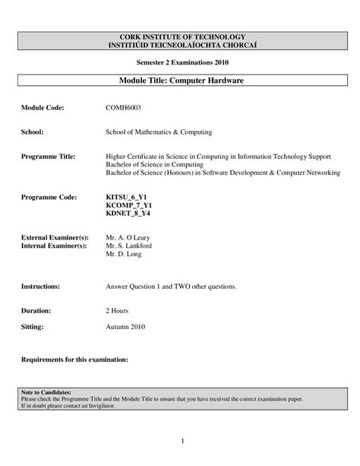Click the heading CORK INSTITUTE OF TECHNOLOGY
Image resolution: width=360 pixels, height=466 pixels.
[179, 36]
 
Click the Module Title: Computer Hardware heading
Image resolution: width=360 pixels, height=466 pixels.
[180, 80]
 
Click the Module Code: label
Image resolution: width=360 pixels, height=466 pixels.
[43, 109]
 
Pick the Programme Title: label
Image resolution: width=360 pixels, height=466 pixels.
[48, 156]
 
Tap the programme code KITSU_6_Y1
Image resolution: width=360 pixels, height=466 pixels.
[125, 197]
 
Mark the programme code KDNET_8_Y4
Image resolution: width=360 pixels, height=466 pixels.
[127, 214]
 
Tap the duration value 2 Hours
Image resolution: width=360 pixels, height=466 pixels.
[118, 312]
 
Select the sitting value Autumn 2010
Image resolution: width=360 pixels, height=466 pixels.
[125, 327]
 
